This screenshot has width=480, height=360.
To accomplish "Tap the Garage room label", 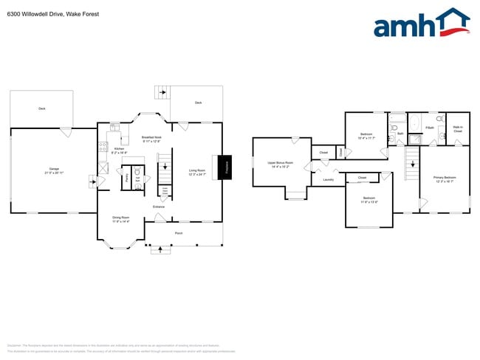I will click(x=55, y=170).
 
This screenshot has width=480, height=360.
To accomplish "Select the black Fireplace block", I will click(x=225, y=166).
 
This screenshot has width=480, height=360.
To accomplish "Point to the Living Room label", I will click(x=196, y=171).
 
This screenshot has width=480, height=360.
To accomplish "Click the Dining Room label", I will click(x=120, y=218).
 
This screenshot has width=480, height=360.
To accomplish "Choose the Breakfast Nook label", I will click(x=152, y=138).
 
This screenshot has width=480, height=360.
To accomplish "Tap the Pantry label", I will click(x=127, y=178).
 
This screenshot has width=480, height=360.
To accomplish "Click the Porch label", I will click(x=178, y=233).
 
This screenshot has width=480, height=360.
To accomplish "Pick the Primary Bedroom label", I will click(x=445, y=179).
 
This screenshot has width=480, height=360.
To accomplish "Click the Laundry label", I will click(x=329, y=179).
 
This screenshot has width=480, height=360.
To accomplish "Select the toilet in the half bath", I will click(x=137, y=169).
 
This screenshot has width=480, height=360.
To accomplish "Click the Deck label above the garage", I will click(x=41, y=108).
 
